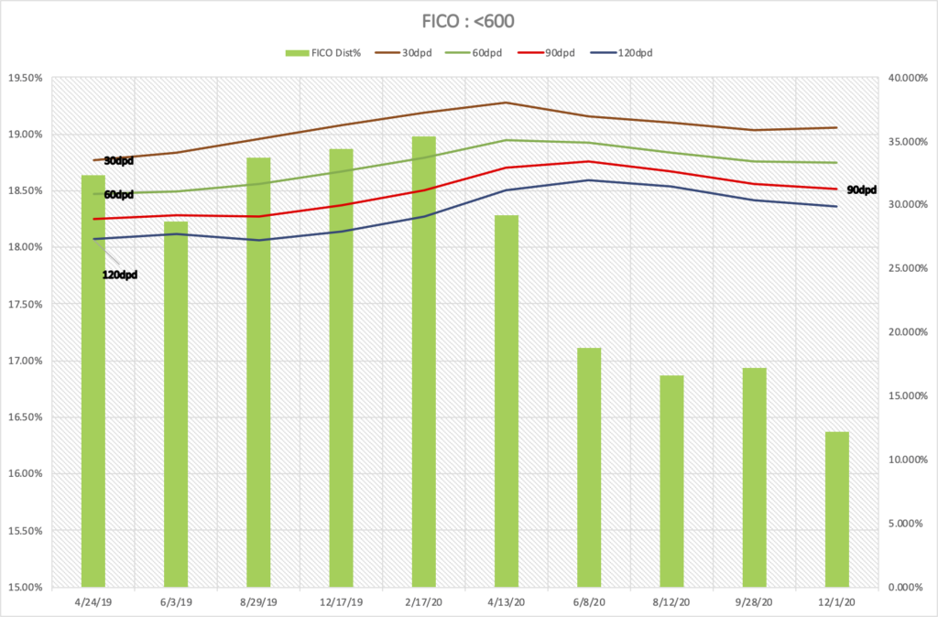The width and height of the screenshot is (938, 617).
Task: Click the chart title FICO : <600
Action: pos(468,19)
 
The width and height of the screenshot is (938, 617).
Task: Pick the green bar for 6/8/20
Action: pos(589,467)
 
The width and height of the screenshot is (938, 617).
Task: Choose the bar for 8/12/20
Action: pos(671,481)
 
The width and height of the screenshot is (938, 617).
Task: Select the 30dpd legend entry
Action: pos(418,52)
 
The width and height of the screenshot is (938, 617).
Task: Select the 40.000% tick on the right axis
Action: pos(908,78)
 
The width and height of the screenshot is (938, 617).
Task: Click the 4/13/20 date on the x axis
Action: pos(507,603)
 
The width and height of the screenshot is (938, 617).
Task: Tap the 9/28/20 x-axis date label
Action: pos(754,603)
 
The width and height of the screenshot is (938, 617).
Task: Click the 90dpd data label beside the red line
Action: pos(861,190)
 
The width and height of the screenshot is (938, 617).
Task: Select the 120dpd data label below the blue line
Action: pos(119,275)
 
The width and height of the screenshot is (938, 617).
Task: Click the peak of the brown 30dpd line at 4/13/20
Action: pos(507,103)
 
